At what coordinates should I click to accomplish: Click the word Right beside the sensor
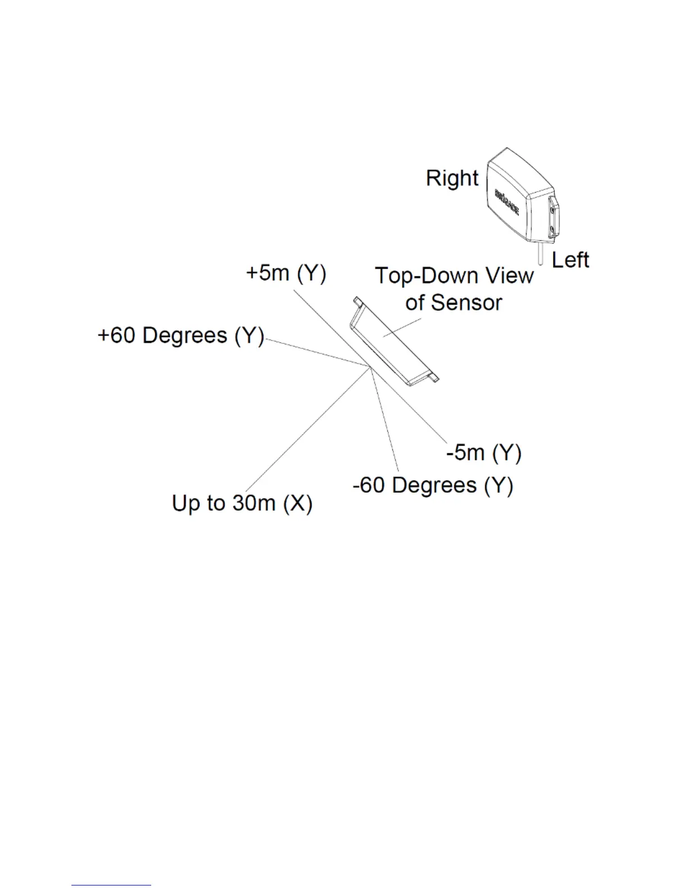pyautogui.click(x=452, y=178)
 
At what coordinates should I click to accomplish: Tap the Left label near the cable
pyautogui.click(x=571, y=260)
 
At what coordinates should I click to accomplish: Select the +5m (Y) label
pyautogui.click(x=286, y=274)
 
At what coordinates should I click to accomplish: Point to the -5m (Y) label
pyautogui.click(x=484, y=452)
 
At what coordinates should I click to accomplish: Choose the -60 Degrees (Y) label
pyautogui.click(x=433, y=485)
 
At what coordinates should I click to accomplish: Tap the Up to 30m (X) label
pyautogui.click(x=242, y=503)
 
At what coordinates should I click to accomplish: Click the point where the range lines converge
pyautogui.click(x=370, y=368)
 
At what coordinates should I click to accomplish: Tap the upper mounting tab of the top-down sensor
pyautogui.click(x=357, y=302)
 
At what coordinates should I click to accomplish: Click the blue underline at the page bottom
pyautogui.click(x=111, y=885)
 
